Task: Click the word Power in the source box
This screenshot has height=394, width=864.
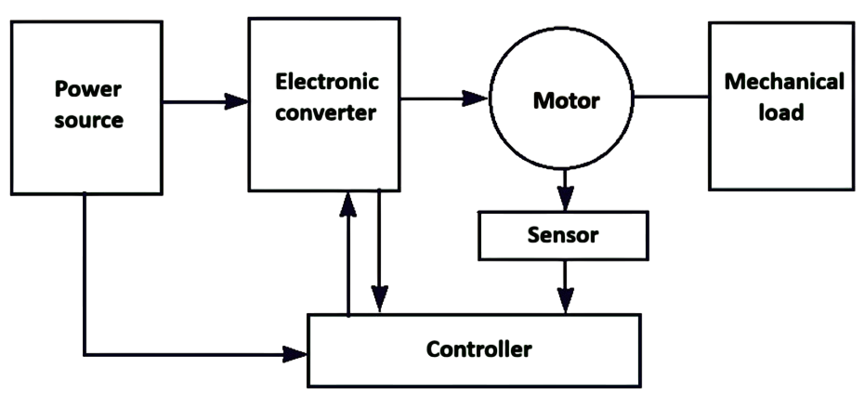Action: tap(88, 89)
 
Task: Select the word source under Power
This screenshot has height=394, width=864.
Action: tap(88, 121)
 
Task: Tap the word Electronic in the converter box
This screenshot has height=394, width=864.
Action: tap(327, 81)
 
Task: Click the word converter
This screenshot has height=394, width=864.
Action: tap(327, 113)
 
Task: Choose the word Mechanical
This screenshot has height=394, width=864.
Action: tap(784, 81)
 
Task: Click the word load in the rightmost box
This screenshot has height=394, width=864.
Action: tap(784, 113)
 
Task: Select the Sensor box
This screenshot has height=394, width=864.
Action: tap(564, 234)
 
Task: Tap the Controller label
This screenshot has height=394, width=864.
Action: tap(478, 349)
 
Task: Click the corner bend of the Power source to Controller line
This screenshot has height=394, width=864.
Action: tap(85, 354)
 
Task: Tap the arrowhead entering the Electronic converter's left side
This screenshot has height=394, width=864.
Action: tap(238, 99)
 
